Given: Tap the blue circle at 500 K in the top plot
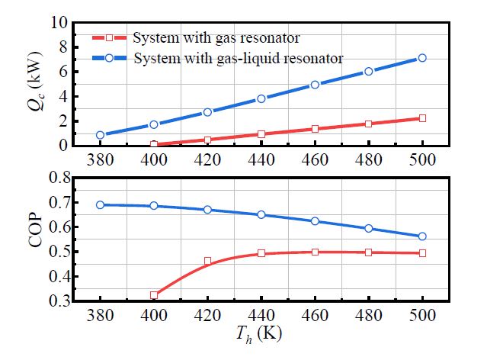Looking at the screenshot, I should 421,58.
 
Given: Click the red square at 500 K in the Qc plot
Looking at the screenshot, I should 421,118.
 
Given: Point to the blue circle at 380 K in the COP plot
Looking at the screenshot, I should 100,204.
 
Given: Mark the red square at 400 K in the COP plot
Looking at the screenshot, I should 154,295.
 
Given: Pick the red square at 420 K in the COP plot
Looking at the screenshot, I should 207,262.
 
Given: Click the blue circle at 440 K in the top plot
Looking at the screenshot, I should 261,98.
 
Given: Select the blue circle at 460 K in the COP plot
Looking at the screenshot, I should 314,221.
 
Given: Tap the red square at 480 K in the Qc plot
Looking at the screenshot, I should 368,124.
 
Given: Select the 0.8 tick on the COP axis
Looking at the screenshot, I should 54,178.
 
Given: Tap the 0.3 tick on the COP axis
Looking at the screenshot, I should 54,301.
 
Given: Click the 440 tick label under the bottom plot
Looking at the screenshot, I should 261,316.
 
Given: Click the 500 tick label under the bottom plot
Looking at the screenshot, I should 421,316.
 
